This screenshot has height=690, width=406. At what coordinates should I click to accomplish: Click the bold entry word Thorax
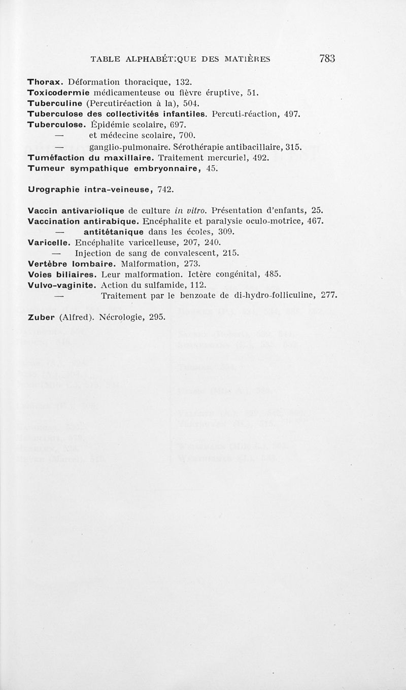(45, 82)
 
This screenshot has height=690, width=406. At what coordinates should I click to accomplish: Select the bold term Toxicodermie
(58, 93)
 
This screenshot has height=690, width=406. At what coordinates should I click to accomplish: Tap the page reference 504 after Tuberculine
(161, 103)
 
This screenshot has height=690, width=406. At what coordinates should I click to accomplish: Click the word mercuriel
(225, 158)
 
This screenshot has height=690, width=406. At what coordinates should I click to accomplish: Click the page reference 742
(165, 190)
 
